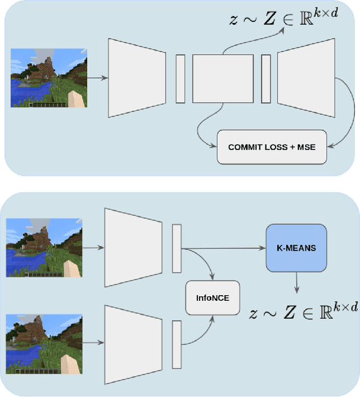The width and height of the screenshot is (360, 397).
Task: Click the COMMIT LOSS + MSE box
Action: coord(272,147)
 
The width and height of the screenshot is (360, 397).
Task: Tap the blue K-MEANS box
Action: coord(296,247)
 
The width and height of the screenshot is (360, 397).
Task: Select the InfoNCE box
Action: coord(211,298)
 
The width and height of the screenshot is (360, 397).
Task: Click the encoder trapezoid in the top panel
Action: coord(137,78)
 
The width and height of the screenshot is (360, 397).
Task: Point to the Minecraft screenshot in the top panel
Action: coord(49,78)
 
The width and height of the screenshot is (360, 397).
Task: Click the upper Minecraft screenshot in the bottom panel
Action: coord(44,247)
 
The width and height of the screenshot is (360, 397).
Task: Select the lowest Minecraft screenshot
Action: coord(44,344)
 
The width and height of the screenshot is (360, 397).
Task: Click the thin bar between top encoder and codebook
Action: coord(180,79)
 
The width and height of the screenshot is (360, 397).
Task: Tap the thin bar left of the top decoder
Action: coord(265,79)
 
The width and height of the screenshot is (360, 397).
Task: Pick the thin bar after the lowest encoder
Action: coord(177,344)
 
